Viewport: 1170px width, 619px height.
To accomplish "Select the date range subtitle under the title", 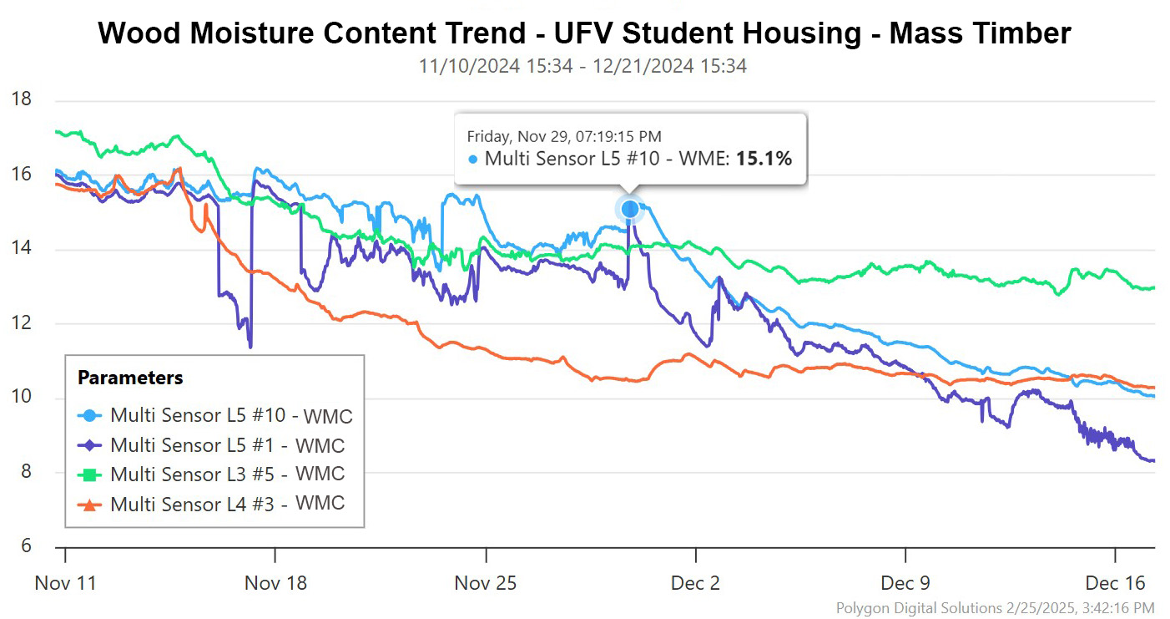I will point(582,66).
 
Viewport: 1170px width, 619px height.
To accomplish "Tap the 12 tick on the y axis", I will point(21,323).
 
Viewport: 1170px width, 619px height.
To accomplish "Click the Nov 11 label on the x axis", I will point(65,582).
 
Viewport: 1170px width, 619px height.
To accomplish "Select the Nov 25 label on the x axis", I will point(485,582).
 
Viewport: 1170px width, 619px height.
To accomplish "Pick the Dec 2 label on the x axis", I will point(695,582).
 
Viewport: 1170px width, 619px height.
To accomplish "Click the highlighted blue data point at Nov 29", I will point(630,209).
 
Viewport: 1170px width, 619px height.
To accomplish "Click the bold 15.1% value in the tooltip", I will point(763,158).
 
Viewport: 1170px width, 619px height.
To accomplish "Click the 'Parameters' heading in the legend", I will point(130,378).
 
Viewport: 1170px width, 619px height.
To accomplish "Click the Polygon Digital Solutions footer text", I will point(995,607).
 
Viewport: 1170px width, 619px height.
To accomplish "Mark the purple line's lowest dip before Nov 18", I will point(250,345).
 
